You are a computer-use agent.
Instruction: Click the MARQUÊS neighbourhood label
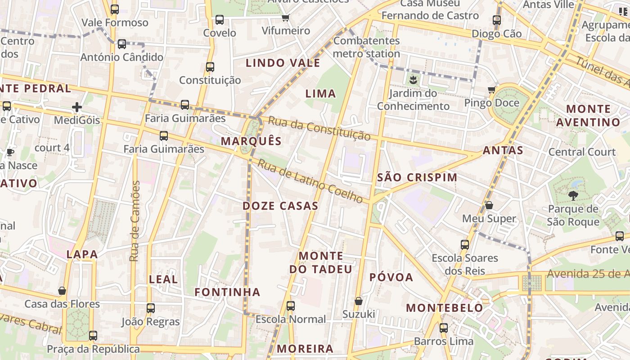251,141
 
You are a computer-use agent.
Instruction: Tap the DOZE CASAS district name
280,206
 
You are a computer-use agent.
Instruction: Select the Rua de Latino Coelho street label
310,181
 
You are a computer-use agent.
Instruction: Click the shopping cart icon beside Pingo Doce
492,90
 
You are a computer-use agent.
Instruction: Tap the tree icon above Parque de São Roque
573,195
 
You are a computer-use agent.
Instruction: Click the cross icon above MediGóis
77,107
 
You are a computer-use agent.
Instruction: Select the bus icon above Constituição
210,67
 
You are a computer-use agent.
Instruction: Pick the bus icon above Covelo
220,20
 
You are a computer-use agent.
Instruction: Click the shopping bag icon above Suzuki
359,301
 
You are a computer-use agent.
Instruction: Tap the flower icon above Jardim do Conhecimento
413,81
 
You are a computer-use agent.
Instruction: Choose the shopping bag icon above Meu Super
489,206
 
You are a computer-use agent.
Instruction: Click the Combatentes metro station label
366,47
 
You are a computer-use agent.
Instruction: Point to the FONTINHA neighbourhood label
227,292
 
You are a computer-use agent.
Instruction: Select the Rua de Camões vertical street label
135,221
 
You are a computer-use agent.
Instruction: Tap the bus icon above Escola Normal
291,306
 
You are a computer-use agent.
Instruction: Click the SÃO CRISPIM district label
417,177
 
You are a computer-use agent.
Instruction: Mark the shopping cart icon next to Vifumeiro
285,18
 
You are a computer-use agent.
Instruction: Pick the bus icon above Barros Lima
444,328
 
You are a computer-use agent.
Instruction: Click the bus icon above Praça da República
93,336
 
